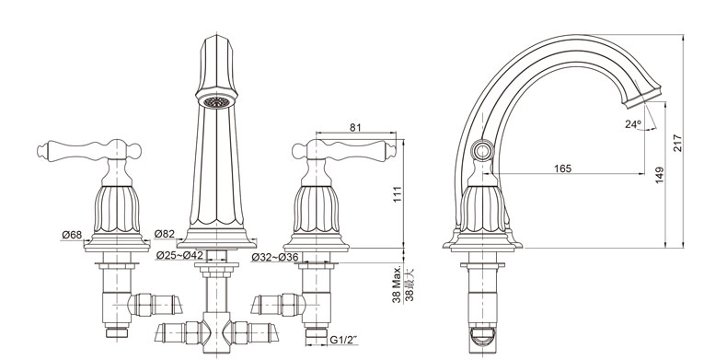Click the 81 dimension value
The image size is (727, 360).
coord(355,128)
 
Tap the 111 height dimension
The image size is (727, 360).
coord(398,194)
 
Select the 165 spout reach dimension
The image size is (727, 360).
coord(563,168)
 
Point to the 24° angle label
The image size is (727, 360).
coord(632,124)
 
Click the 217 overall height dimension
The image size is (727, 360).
coord(677,143)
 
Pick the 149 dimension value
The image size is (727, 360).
coord(659,175)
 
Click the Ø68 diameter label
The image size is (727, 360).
coord(72,235)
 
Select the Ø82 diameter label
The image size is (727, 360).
coord(165,233)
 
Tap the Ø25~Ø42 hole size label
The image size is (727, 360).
coord(179,255)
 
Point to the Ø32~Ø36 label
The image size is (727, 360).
coord(275,257)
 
